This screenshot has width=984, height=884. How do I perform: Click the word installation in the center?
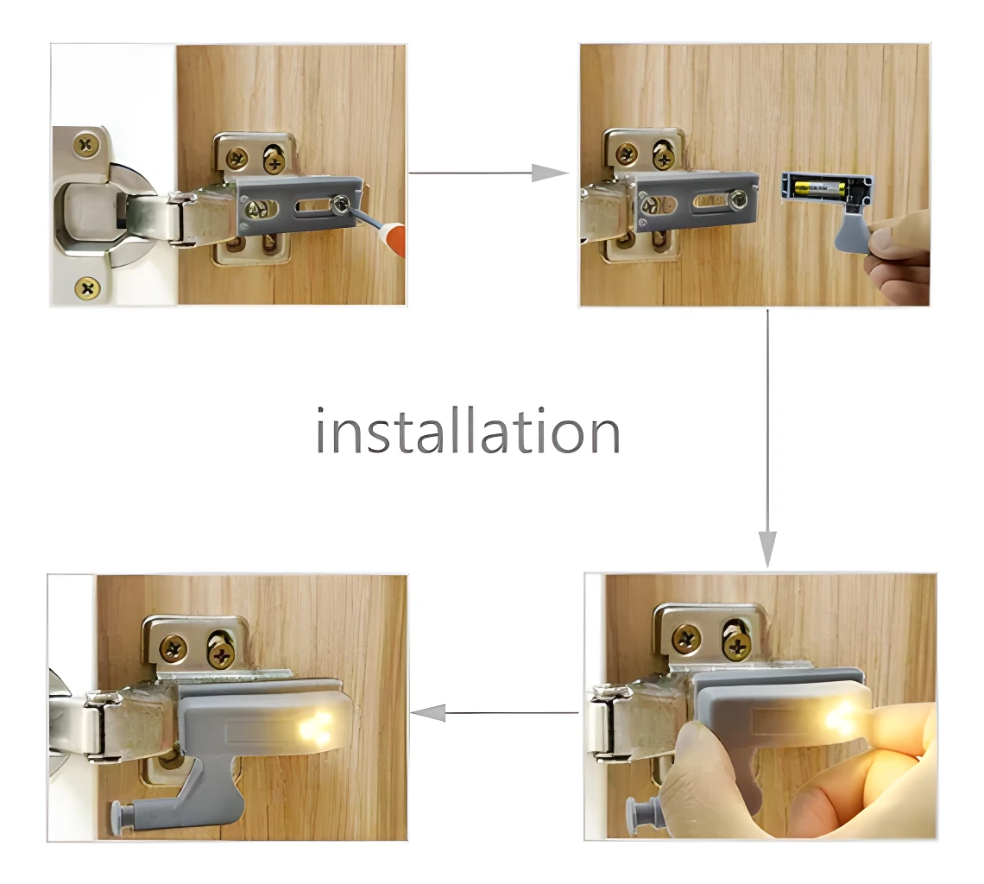[467, 432]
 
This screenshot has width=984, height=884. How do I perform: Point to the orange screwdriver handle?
[395, 241]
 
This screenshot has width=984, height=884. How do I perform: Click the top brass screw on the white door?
[86, 145]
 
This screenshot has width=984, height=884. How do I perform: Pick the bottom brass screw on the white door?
[87, 287]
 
